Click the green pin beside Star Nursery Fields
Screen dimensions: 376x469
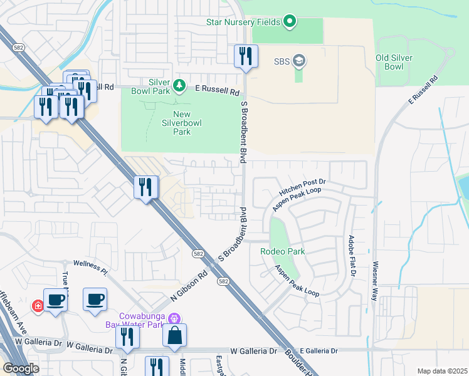(x=289, y=22)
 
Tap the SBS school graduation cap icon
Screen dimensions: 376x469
(x=300, y=61)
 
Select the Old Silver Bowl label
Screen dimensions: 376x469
(x=398, y=62)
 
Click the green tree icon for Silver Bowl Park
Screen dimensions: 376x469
(x=179, y=85)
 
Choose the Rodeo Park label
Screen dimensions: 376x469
(x=283, y=251)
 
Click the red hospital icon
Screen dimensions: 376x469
(x=38, y=305)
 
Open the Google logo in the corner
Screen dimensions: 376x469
(x=21, y=368)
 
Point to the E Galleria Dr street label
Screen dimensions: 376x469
(x=319, y=351)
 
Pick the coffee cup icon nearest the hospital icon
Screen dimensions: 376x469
(x=55, y=299)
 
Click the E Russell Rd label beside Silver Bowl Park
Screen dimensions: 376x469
(x=217, y=91)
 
